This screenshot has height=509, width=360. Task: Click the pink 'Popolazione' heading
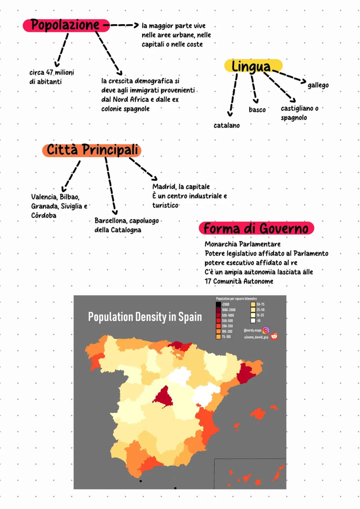[66, 25]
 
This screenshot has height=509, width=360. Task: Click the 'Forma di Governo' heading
[256, 228]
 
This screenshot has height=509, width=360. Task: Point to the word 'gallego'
[318, 85]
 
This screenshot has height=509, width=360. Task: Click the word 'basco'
[257, 110]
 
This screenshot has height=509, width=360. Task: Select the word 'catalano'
[227, 125]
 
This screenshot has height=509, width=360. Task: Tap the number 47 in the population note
[50, 72]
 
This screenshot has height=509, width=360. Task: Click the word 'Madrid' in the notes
[164, 187]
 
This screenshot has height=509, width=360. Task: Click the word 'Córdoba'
[44, 215]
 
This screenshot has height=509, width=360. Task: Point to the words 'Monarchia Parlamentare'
[242, 244]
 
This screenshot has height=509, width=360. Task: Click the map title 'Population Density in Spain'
[145, 317]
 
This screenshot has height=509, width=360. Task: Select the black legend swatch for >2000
[218, 305]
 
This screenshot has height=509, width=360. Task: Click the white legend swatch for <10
[253, 321]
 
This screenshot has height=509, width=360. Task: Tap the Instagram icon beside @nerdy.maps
[266, 330]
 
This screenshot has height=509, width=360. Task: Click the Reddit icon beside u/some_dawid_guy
[274, 337]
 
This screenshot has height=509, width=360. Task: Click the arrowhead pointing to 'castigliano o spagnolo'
[293, 100]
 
